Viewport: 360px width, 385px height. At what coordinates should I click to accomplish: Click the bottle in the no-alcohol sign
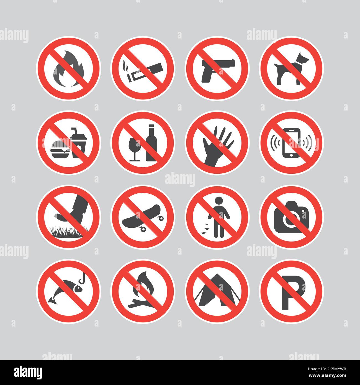coord(151,144)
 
